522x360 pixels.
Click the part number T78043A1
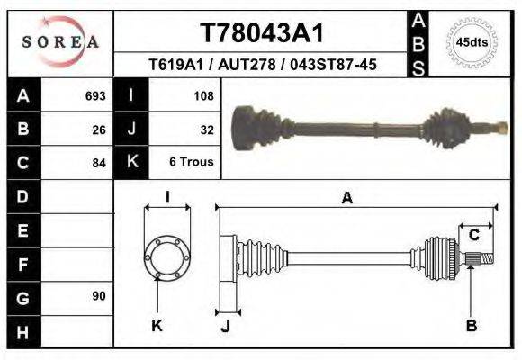pyautogui.click(x=261, y=33)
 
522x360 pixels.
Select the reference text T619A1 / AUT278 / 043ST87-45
pyautogui.click(x=261, y=65)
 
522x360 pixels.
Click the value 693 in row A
pyautogui.click(x=95, y=95)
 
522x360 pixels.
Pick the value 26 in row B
pyautogui.click(x=100, y=129)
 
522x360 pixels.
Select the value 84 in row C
pyautogui.click(x=100, y=163)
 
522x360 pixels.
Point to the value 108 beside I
pyautogui.click(x=202, y=95)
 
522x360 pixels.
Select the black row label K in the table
pyautogui.click(x=131, y=162)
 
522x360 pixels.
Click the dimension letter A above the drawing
pyautogui.click(x=346, y=200)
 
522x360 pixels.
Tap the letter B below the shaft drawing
pyautogui.click(x=471, y=326)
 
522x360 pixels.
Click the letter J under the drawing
pyautogui.click(x=226, y=326)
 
